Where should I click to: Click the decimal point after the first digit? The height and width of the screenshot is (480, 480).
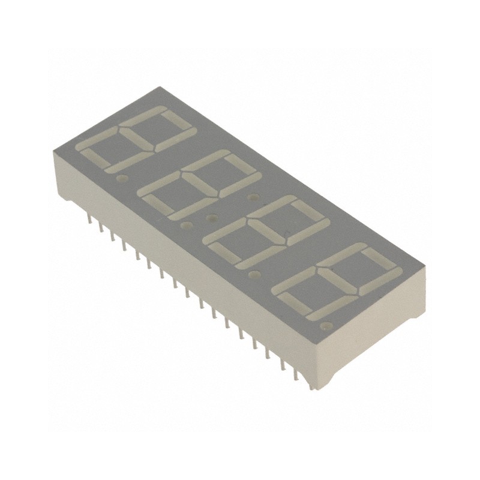coord(124,178)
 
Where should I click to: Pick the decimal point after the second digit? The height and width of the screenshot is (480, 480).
coord(187,225)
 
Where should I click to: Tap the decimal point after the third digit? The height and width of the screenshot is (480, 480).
coord(254,274)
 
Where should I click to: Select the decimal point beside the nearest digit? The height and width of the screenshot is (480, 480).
coord(325,326)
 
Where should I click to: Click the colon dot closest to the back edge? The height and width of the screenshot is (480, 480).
coord(253,196)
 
